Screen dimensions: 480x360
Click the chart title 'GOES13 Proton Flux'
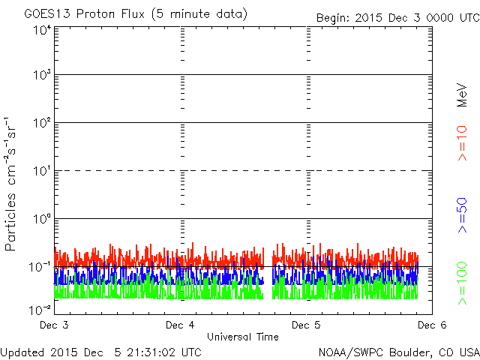[85, 14]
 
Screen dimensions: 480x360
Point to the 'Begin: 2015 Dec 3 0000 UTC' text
[398, 18]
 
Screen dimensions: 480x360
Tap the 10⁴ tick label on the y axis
[42, 31]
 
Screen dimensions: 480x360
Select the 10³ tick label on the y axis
[42, 75]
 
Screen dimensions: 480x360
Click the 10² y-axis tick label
[42, 123]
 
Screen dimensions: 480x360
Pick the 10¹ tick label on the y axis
[42, 171]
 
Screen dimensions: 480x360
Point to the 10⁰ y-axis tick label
[42, 219]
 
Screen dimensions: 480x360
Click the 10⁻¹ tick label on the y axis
[40, 267]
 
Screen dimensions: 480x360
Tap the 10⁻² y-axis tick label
[40, 310]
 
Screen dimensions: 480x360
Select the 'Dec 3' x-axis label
[54, 325]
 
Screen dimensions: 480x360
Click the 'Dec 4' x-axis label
[180, 325]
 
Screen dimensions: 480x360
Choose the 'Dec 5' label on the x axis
[306, 325]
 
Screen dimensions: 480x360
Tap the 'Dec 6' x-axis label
[432, 325]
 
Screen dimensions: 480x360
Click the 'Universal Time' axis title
[243, 337]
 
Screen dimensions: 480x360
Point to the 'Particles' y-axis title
[10, 222]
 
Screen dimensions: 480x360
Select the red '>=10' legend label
[462, 143]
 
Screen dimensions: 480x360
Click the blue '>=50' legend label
[462, 215]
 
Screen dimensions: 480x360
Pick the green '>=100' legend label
[462, 283]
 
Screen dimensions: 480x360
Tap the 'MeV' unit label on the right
[462, 95]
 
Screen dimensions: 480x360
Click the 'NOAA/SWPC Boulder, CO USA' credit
[399, 352]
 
